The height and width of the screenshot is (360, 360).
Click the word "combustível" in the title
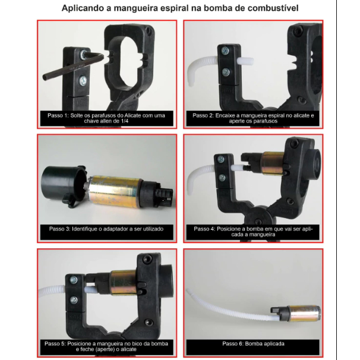[273, 8]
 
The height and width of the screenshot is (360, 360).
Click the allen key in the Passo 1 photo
[71, 67]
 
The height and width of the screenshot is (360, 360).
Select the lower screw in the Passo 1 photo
[83, 81]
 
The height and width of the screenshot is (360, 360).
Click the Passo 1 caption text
[106, 118]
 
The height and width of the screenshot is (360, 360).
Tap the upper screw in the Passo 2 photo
[225, 50]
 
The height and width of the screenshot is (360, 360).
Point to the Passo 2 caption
[253, 118]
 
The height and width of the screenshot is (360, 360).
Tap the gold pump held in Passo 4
[273, 163]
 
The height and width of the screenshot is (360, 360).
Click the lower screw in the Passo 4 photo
[222, 178]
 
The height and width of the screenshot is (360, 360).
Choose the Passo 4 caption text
[253, 232]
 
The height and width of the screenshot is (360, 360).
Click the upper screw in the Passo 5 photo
[74, 280]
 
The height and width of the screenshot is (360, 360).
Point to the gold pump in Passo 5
[124, 283]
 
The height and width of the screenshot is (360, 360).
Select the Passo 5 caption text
[106, 346]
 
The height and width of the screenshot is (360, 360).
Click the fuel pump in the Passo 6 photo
[296, 313]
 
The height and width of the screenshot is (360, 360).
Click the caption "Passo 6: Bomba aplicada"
[253, 344]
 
